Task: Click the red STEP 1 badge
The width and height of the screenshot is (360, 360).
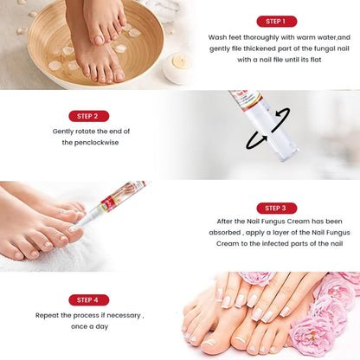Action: tap(276, 21)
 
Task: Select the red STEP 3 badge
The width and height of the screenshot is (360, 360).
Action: tap(276, 208)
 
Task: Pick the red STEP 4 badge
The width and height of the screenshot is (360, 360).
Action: tap(88, 299)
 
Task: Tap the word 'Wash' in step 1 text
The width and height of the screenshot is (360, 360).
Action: tap(218, 38)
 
